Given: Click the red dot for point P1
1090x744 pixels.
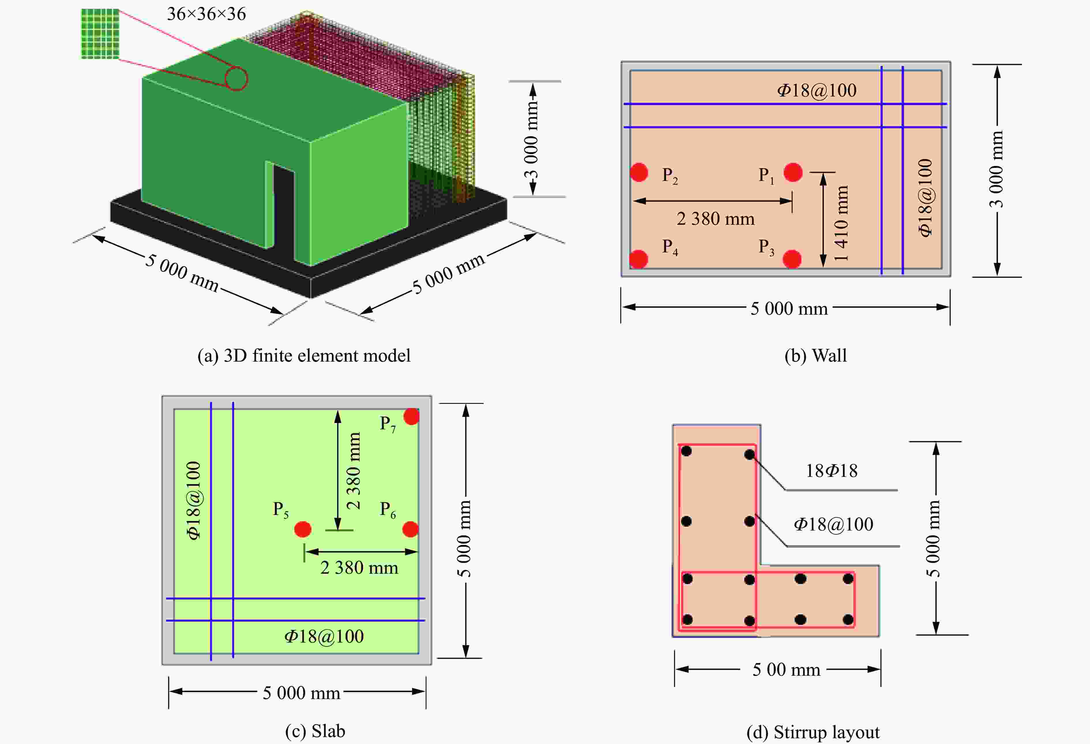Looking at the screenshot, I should pos(793,172).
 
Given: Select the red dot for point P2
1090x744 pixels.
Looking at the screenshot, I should pos(639,172).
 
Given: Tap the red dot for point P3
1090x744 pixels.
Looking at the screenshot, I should pos(792,259).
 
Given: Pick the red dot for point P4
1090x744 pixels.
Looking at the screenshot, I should pos(638,259).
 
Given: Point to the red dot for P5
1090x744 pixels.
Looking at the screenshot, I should pos(302,529).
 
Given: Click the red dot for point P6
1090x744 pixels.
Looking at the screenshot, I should pos(410,529).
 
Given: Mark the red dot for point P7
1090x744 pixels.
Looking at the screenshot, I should pos(411,416).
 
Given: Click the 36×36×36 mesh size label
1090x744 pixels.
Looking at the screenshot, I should pos(206,14).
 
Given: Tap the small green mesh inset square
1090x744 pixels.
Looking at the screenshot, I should pos(100,34).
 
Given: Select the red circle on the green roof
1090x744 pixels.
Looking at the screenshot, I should pos(236,78).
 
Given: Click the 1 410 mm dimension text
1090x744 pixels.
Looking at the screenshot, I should pos(841,224).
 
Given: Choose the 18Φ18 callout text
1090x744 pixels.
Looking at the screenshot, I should pos(831,471).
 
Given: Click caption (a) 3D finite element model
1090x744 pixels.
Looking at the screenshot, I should pos(304,355).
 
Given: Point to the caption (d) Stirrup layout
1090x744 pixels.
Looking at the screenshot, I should pos(813,732).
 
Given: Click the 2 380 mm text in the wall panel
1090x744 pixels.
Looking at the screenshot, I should pos(715,219).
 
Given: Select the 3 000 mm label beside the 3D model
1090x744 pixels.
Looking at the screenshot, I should pos(531,139).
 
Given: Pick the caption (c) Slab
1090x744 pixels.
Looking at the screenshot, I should pos(315,731).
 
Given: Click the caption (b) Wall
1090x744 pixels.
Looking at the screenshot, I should pos(815,355).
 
